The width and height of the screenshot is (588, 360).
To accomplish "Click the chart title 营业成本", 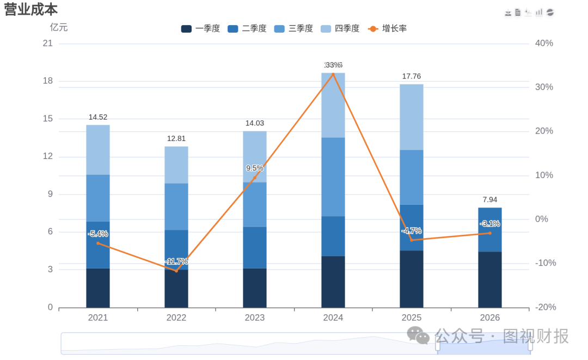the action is coord(30,9).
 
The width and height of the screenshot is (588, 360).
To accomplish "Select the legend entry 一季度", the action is coord(200,28).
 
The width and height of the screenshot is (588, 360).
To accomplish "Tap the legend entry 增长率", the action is coord(388,28).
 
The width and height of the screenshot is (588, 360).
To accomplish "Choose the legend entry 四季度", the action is coord(340,28).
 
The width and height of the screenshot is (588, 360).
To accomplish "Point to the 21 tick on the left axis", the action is coord(47,44).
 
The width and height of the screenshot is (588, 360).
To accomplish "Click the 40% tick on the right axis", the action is coord(544,44).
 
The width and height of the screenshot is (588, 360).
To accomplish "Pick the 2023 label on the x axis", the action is coord(255,318).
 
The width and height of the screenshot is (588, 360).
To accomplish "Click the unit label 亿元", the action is coord(58,27).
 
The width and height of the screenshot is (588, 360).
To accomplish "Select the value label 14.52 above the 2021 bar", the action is coord(98,118).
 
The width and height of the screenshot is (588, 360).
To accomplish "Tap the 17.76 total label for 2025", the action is coord(412,76).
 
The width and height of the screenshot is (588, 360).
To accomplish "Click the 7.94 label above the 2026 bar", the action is coord(490,200).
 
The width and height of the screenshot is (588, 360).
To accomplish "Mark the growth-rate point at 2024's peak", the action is coord(333,74).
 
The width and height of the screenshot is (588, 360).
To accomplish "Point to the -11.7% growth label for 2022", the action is coord(176,261).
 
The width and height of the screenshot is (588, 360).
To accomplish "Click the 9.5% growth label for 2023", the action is coord(255,168).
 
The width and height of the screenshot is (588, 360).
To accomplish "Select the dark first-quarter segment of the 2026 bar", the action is coord(490,280).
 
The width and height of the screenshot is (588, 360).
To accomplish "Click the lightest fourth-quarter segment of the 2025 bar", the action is coord(412,118).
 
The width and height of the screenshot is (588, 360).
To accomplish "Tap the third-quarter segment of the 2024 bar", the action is coord(333,177).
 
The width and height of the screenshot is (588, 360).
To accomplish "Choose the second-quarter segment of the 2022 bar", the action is coord(176,250).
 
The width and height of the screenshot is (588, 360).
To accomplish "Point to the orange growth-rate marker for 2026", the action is coord(490,233).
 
